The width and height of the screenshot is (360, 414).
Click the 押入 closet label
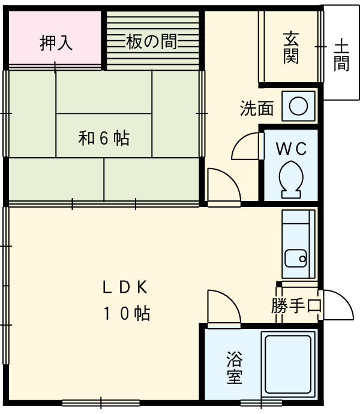click(56, 43)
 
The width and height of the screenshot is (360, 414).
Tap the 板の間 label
click(151, 42)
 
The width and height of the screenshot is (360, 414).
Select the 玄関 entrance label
click(291, 47)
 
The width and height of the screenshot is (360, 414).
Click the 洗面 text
click(257, 109)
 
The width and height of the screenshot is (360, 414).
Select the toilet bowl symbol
click(292, 178)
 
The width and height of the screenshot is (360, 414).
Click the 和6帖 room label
click(104, 139)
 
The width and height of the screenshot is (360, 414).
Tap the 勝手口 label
click(296, 306)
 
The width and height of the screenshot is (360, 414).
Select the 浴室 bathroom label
click(234, 368)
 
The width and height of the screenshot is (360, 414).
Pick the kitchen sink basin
click(296, 259)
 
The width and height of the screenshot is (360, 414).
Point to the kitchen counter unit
click(298, 244)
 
